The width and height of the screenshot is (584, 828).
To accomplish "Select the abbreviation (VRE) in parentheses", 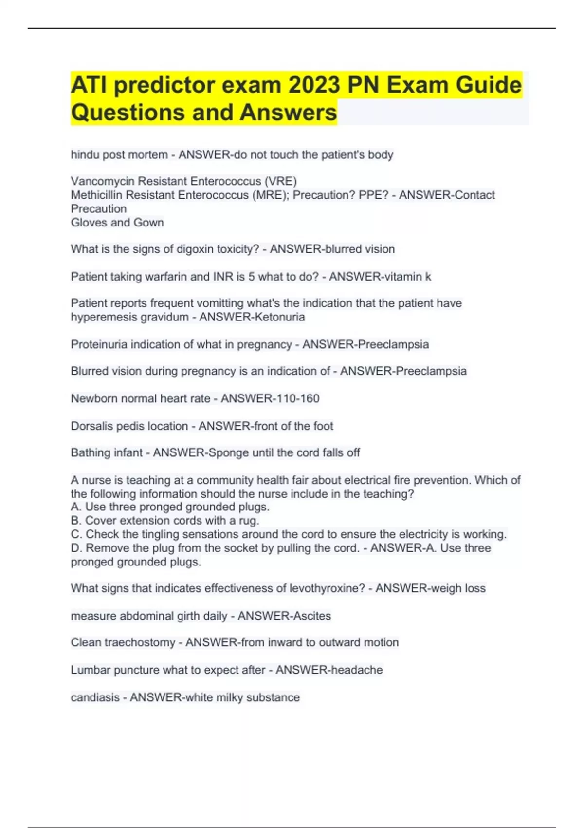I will [280, 181].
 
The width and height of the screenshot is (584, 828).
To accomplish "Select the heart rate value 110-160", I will [295, 398].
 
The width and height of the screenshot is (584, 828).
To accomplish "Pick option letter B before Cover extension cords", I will [75, 521].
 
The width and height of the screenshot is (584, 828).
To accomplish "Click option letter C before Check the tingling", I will [75, 534].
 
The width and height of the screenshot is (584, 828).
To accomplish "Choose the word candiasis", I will [95, 697].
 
